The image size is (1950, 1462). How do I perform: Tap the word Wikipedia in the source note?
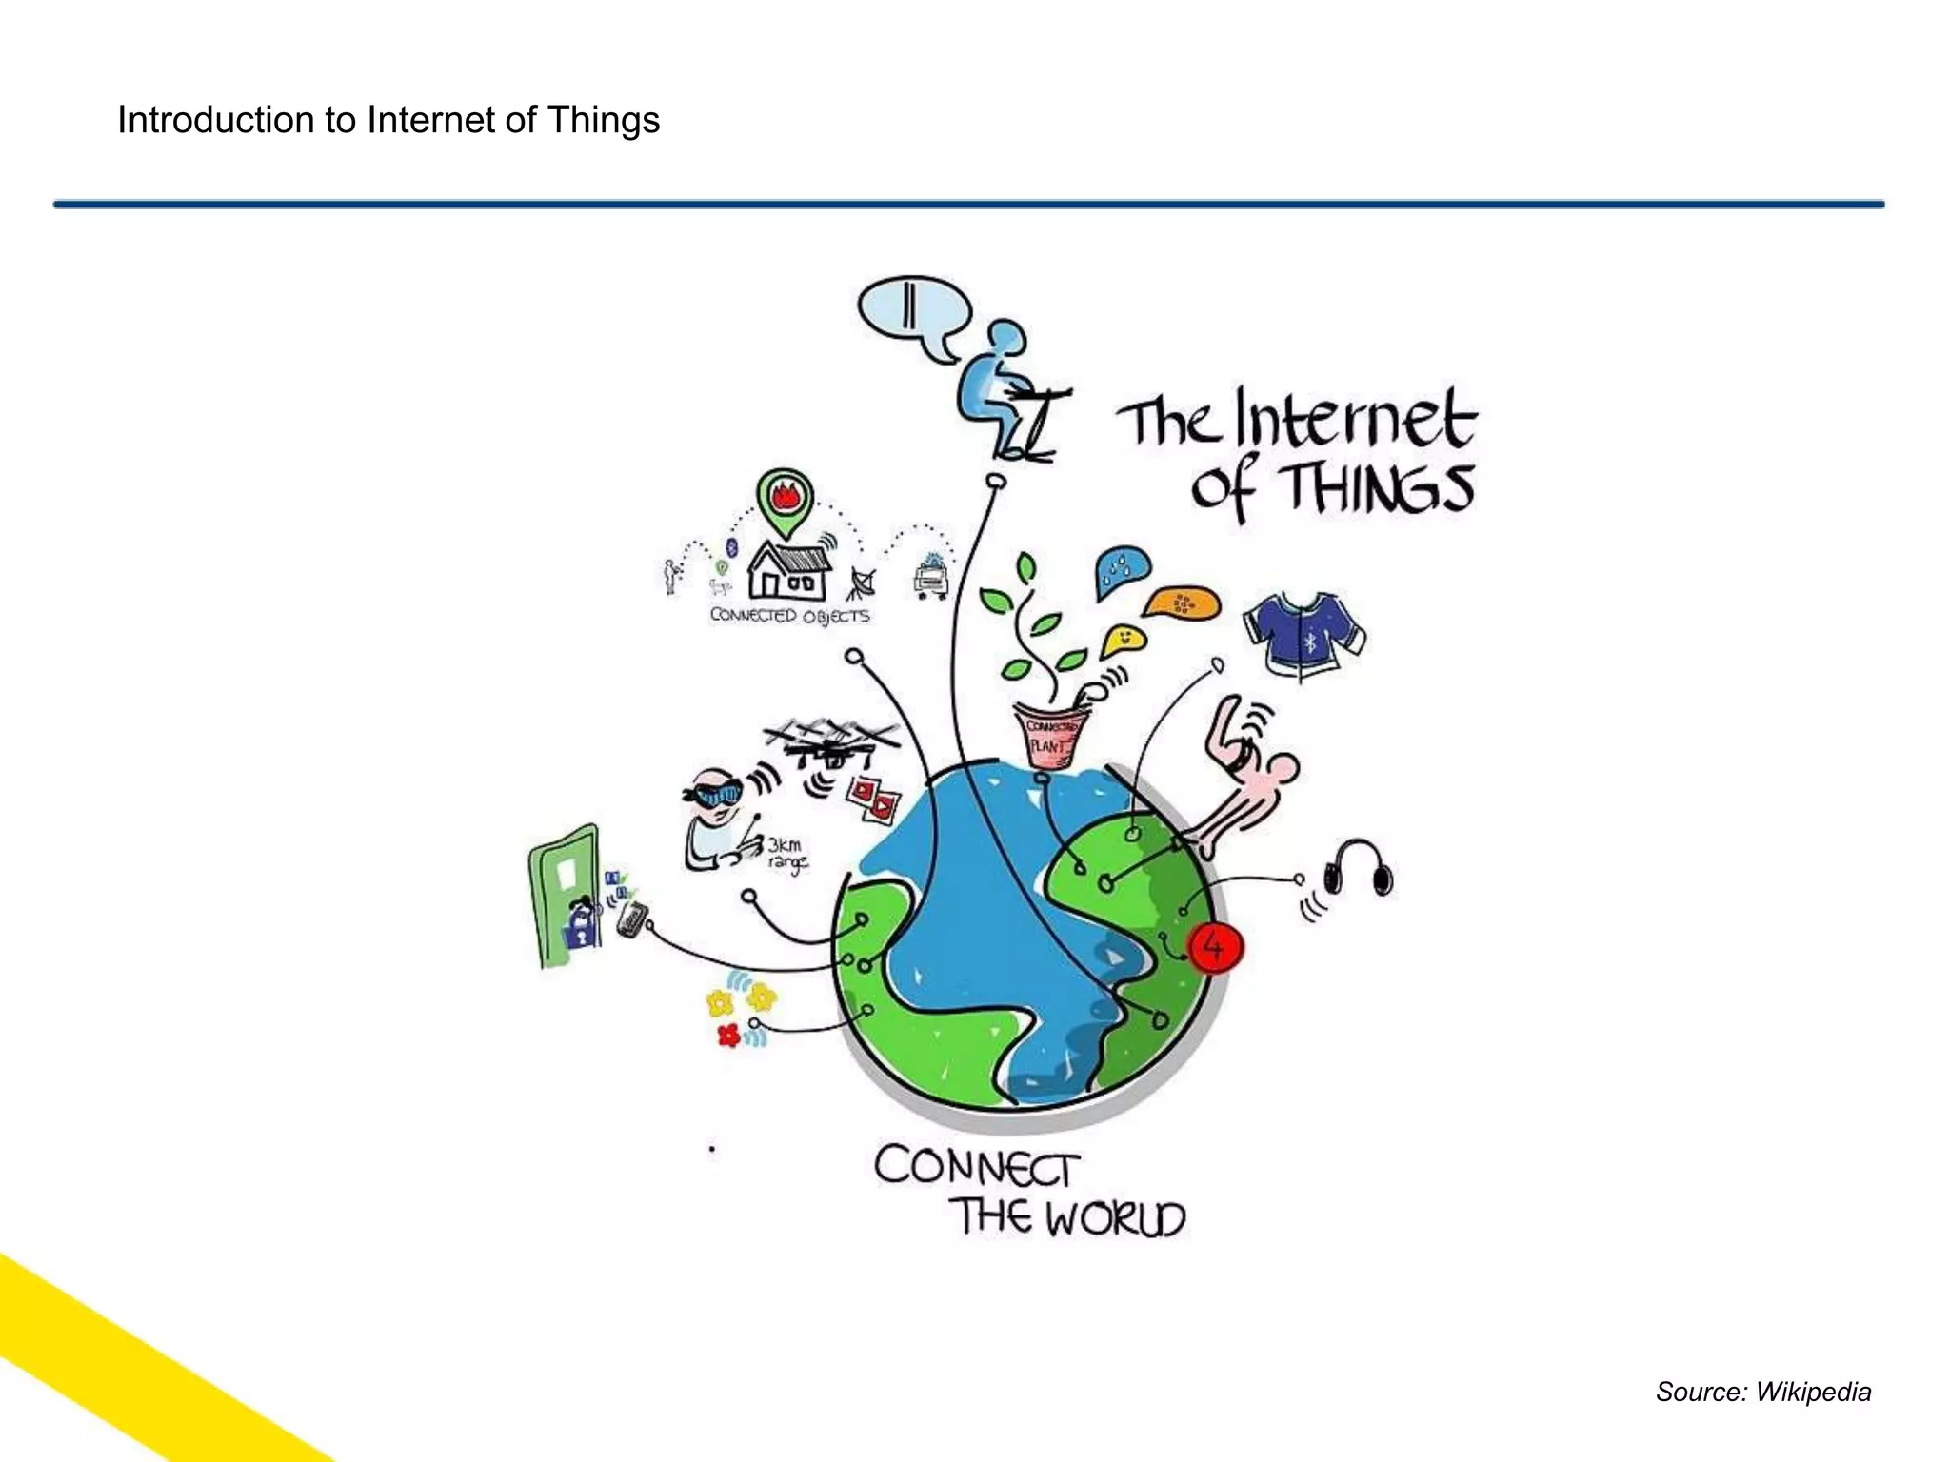[1813, 1392]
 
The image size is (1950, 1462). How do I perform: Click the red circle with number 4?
[1215, 947]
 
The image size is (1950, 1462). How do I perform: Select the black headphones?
[1357, 868]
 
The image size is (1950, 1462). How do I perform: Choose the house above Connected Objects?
[789, 570]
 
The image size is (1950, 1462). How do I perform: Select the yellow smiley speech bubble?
[1124, 641]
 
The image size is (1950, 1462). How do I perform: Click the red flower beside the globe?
[729, 1035]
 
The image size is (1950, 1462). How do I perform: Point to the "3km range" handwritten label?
[786, 854]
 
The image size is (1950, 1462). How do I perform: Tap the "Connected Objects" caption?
[789, 616]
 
